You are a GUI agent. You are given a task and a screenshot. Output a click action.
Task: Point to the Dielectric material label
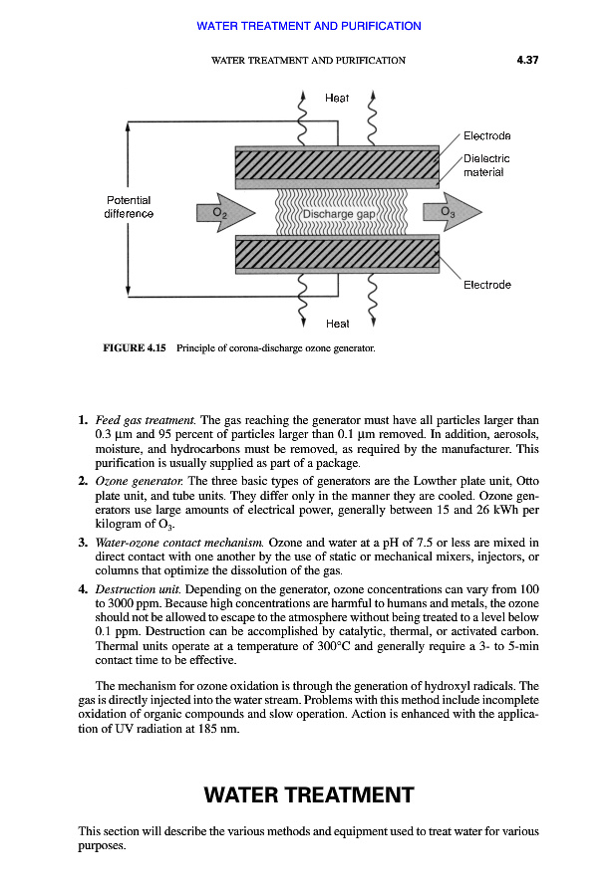click(486, 165)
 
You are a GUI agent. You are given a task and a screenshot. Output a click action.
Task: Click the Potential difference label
click(130, 207)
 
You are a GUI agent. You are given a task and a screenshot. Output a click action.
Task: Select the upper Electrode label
click(487, 135)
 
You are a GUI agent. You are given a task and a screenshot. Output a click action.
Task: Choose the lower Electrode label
click(487, 285)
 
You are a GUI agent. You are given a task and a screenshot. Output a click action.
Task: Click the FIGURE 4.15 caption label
click(135, 348)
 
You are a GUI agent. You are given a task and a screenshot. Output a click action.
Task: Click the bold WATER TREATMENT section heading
click(308, 795)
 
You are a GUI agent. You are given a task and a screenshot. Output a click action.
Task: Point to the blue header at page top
click(308, 26)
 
